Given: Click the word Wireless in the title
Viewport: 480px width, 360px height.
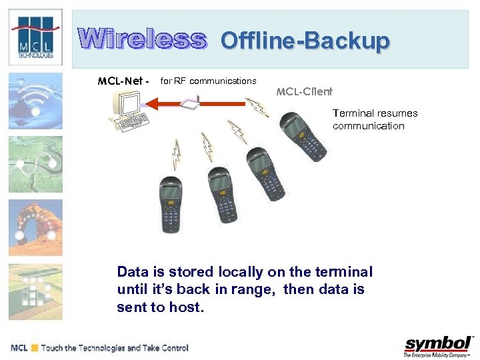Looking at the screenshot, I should (142, 39).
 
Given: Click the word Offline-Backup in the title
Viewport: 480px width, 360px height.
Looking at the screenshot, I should (305, 41).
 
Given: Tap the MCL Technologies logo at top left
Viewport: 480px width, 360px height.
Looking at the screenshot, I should (35, 37).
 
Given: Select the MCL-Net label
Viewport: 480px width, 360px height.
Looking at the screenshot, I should (124, 81).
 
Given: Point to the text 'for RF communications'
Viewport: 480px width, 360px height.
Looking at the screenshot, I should (209, 81).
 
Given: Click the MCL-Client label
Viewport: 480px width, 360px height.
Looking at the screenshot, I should (304, 91).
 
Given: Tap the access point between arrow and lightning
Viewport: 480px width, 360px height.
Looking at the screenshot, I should (192, 102).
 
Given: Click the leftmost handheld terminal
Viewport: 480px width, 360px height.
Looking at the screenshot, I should (172, 203).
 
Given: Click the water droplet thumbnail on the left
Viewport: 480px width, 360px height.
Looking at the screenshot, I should (35, 100).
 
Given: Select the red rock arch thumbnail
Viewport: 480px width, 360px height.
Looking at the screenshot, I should (35, 227).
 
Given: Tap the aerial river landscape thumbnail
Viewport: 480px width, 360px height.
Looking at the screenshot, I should (35, 164).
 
